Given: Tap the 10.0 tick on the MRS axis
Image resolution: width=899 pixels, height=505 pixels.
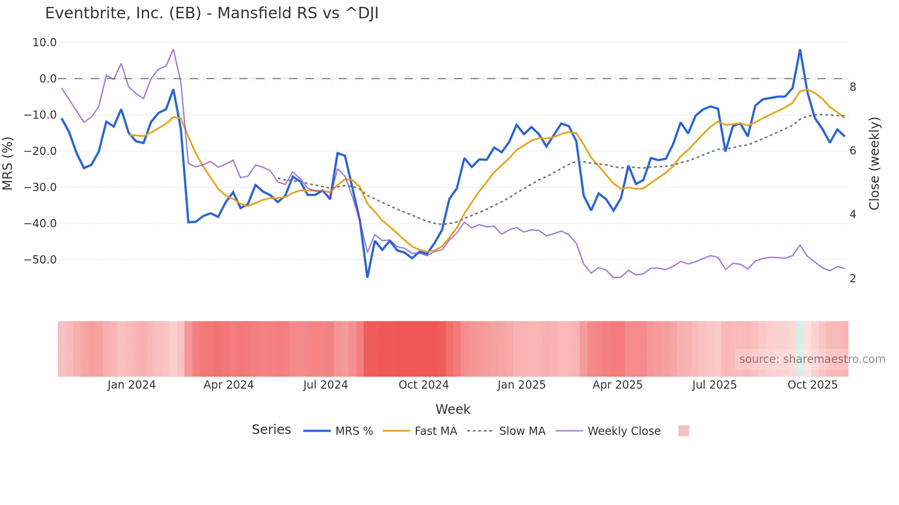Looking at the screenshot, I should (x=44, y=43).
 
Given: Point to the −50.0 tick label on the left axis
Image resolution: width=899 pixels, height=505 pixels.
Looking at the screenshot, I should (x=40, y=260).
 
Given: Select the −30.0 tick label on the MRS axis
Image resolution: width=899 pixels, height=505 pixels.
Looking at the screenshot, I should (x=40, y=187).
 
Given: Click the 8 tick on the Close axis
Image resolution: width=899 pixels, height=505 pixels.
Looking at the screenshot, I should (x=853, y=87).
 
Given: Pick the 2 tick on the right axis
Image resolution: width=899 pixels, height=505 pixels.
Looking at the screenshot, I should (x=853, y=279).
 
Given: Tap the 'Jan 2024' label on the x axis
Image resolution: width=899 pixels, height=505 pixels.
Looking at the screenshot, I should (x=132, y=385).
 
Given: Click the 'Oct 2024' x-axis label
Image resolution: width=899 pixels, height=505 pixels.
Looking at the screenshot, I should (x=423, y=385).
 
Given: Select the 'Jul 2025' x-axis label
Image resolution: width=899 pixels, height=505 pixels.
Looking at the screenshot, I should (x=714, y=385).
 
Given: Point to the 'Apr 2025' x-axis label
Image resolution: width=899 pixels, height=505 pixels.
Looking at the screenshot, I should (x=617, y=385).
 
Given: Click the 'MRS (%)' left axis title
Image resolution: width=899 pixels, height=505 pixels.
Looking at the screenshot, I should (x=8, y=163).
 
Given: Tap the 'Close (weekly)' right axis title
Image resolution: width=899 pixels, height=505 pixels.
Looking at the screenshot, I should (x=874, y=164).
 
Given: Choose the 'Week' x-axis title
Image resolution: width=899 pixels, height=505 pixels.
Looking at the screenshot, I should (x=453, y=409).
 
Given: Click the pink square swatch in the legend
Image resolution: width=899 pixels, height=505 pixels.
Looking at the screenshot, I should (x=683, y=431).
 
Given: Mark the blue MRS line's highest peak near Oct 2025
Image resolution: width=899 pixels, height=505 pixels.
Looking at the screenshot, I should (x=800, y=49).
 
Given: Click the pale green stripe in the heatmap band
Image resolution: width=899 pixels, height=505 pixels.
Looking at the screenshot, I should (x=800, y=349).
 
